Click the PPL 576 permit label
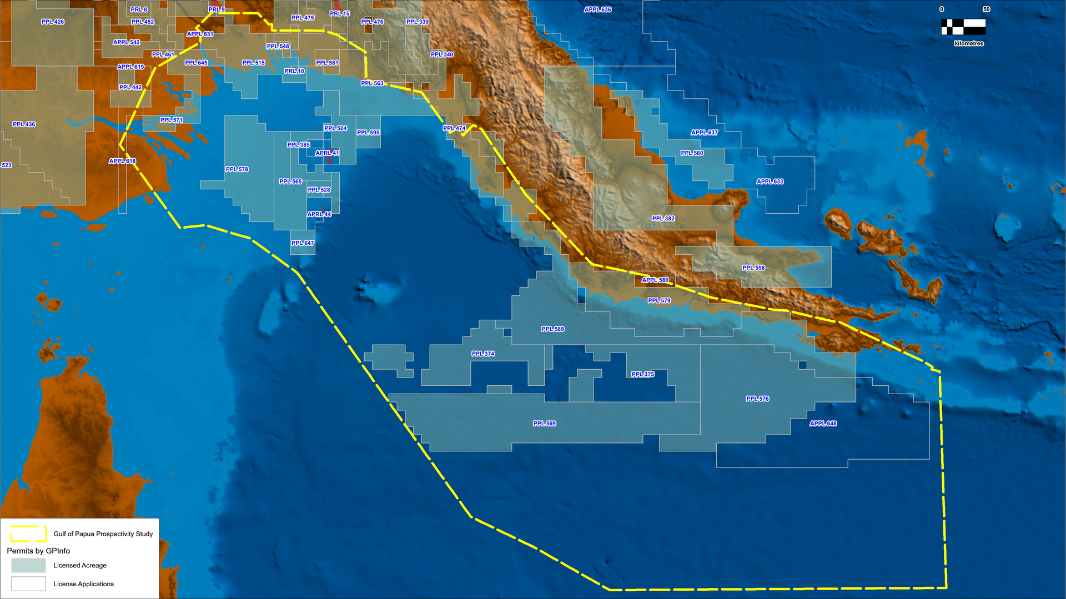pyautogui.click(x=757, y=399)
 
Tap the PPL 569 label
pyautogui.click(x=544, y=424)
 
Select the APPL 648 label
pyautogui.click(x=823, y=424)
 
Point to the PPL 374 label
pyautogui.click(x=482, y=354)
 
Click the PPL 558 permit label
pyautogui.click(x=753, y=268)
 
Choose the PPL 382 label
pyautogui.click(x=663, y=219)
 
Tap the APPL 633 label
pyautogui.click(x=770, y=182)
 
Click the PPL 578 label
pyautogui.click(x=237, y=169)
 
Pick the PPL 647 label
pyautogui.click(x=303, y=243)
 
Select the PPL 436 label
pyautogui.click(x=24, y=124)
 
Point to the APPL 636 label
pyautogui.click(x=597, y=9)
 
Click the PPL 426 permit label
pyautogui.click(x=53, y=22)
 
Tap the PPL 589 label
pyautogui.click(x=552, y=329)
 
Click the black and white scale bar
pyautogui.click(x=963, y=27)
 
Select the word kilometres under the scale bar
pyautogui.click(x=969, y=43)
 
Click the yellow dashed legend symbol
pyautogui.click(x=28, y=533)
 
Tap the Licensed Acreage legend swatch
pyautogui.click(x=28, y=565)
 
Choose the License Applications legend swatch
pyautogui.click(x=28, y=584)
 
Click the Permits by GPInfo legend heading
pyautogui.click(x=38, y=551)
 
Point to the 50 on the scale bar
pyautogui.click(x=986, y=9)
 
